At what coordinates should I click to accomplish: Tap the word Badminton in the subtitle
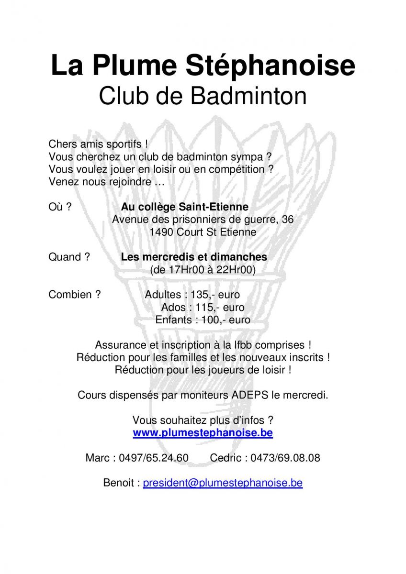tap(248, 96)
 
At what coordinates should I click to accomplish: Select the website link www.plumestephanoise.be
tap(203, 433)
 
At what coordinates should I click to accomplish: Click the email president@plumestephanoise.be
tap(223, 483)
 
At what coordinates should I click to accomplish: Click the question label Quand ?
tap(69, 257)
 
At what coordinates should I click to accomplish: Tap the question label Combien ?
tap(74, 295)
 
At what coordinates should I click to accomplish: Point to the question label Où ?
tap(60, 207)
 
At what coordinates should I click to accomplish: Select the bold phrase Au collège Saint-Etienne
tap(184, 207)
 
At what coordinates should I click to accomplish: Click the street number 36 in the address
tap(288, 220)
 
